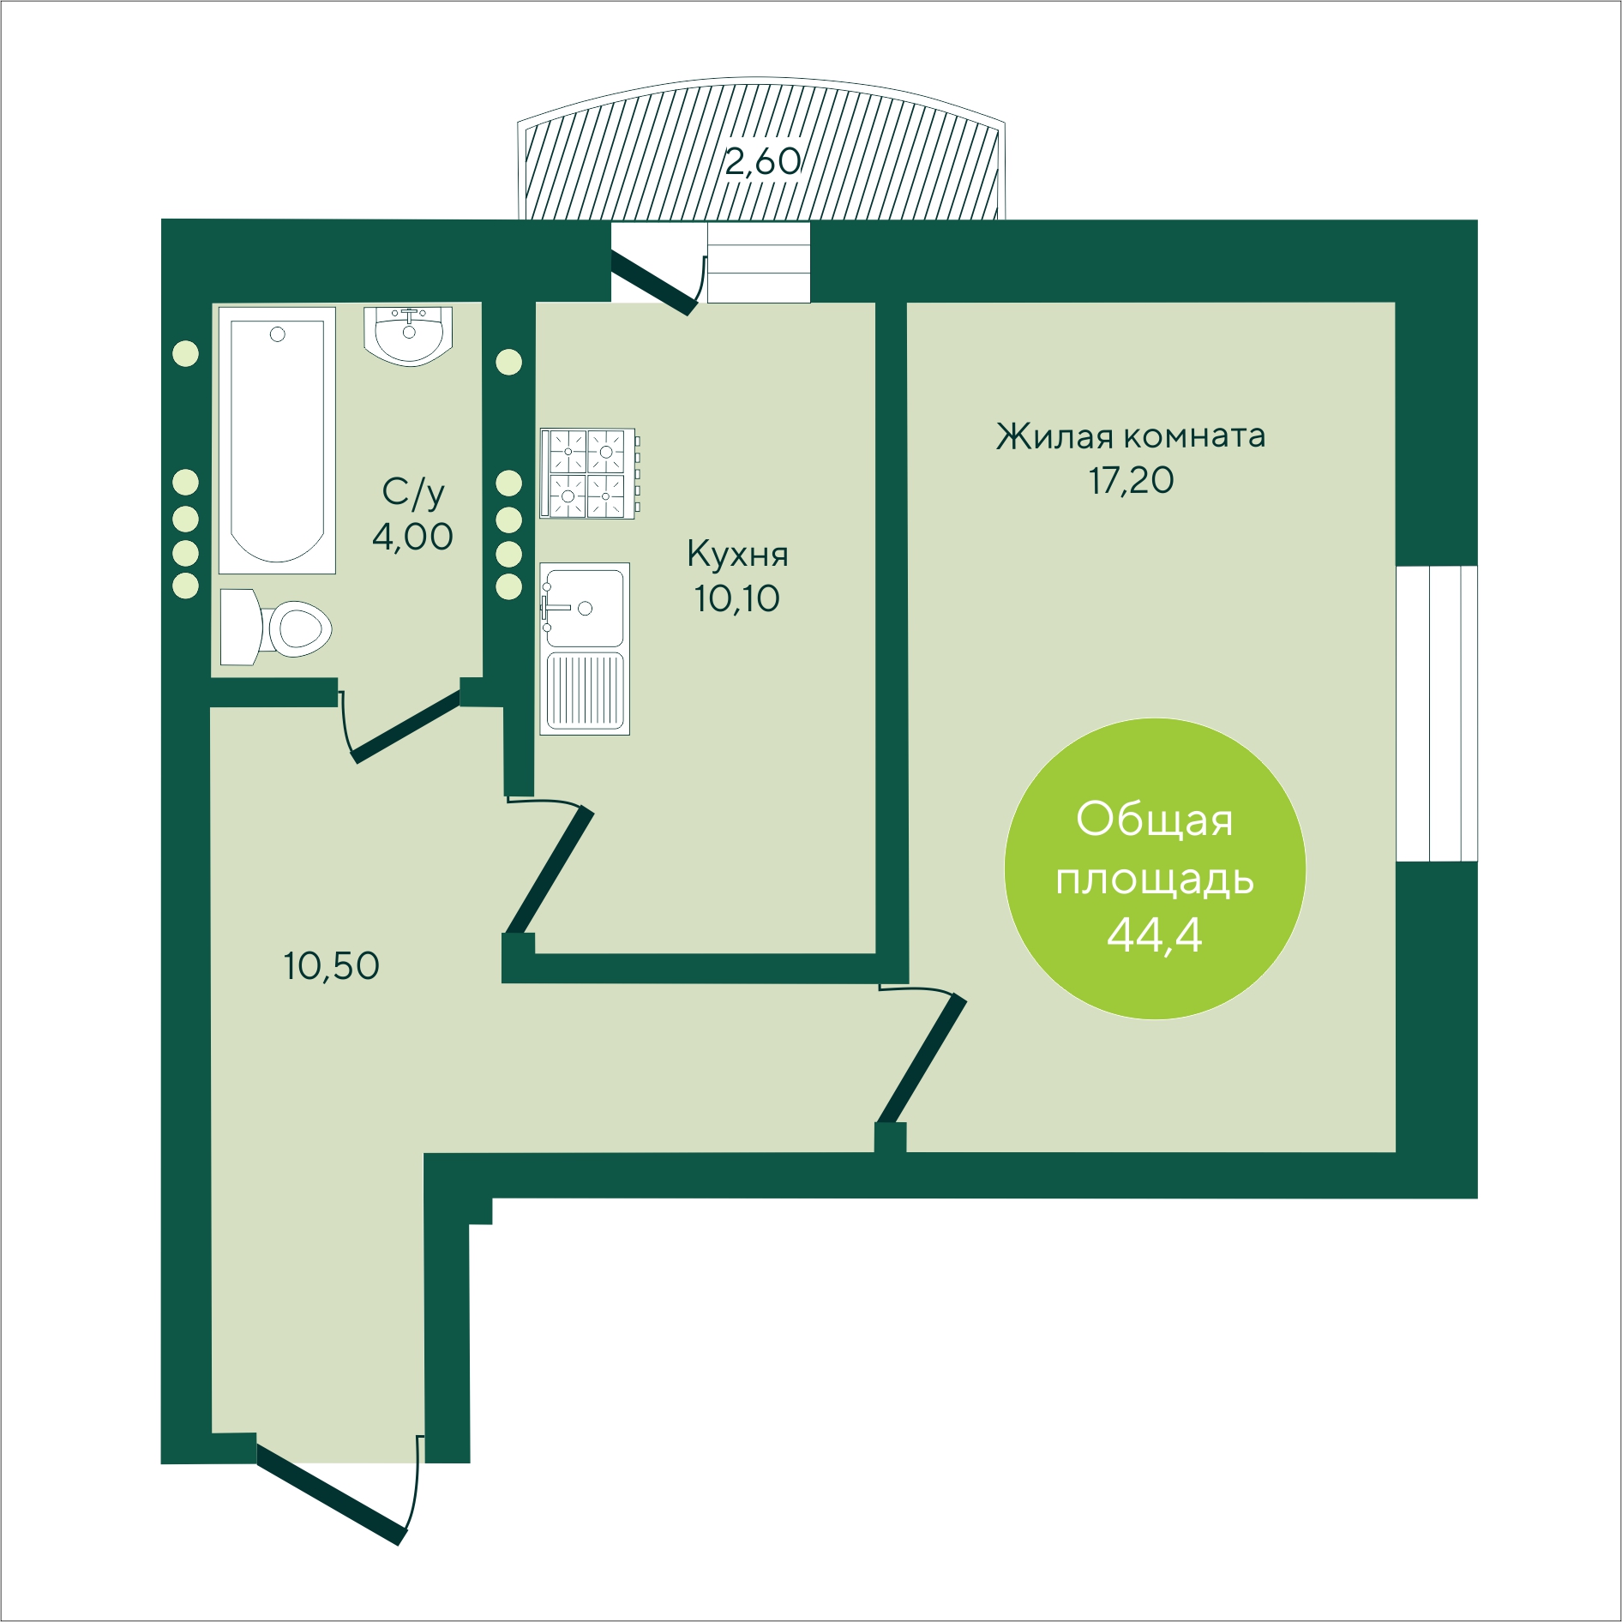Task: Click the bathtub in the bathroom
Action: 277,441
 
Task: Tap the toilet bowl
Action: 276,628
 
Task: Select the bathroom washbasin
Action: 408,336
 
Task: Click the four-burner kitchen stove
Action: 590,474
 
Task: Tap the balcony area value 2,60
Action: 763,161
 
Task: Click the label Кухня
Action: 737,555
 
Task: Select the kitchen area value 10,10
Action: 737,598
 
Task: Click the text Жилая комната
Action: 1131,436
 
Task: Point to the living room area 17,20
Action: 1132,481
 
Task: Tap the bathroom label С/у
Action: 413,493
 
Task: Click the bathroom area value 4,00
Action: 412,537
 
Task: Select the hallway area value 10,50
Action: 332,966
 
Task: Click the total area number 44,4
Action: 1155,935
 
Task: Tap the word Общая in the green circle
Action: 1155,820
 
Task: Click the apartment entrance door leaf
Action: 331,1495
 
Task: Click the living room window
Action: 1437,713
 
